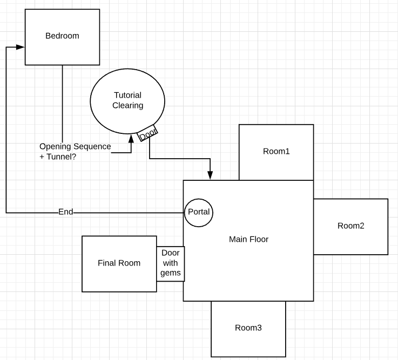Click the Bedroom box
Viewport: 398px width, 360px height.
pos(62,37)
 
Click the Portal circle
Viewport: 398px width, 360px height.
pos(198,212)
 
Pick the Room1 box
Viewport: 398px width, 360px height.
pos(276,152)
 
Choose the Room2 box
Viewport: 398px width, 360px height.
pos(350,226)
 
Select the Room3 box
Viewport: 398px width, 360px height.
pos(248,328)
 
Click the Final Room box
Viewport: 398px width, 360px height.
pos(119,263)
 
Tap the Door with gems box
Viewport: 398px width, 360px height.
pos(170,264)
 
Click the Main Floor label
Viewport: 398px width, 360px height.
pos(248,239)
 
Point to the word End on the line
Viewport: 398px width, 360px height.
pos(65,212)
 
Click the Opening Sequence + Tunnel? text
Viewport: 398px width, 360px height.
pos(75,151)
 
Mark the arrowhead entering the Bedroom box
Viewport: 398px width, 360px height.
pos(21,47)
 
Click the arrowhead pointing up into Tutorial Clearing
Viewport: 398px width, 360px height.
pos(131,139)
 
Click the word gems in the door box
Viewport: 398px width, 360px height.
pos(170,273)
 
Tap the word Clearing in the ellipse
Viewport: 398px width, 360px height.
pos(127,105)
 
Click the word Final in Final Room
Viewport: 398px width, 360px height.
pos(107,263)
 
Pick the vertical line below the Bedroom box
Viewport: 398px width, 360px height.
pos(62,103)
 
